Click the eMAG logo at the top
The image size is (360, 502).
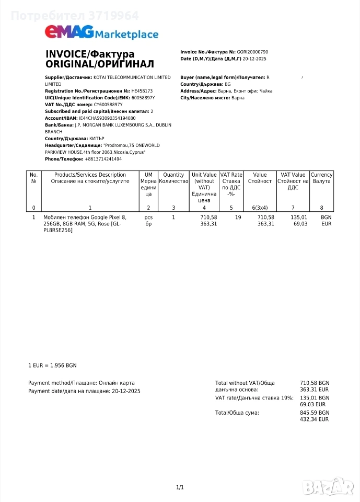(69, 32)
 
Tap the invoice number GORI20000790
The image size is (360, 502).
(252, 52)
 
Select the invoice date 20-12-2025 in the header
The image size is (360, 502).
(254, 59)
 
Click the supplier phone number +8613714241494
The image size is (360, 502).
(103, 159)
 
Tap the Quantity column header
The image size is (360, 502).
(173, 178)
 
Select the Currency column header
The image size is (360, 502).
(321, 178)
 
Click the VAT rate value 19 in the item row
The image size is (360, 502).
(238, 217)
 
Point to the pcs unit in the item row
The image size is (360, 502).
(148, 217)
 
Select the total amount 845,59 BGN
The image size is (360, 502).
(315, 413)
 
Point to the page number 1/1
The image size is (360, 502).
(180, 487)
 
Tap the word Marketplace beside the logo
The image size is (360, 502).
(127, 35)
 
